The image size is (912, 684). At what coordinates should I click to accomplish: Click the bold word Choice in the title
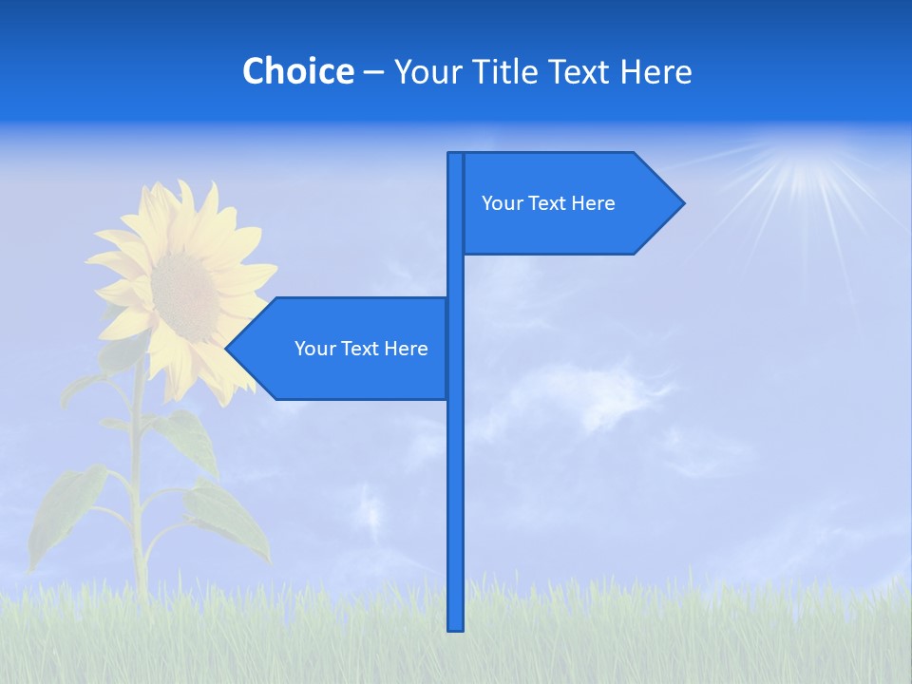(297, 72)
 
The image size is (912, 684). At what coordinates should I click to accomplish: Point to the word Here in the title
(655, 72)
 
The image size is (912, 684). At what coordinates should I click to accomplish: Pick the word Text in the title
(582, 72)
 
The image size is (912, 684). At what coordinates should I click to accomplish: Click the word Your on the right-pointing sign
(502, 203)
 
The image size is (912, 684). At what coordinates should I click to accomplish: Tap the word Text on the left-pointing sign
(361, 349)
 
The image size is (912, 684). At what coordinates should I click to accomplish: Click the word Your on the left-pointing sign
(314, 349)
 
